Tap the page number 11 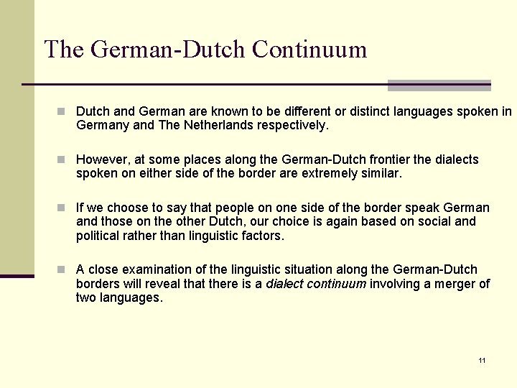point(482,360)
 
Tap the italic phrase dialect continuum point(315,283)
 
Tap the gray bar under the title point(439,86)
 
